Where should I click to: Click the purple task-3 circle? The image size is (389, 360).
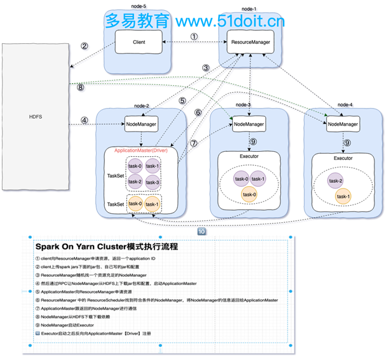153,182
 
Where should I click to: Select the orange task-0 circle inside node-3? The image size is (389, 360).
250,195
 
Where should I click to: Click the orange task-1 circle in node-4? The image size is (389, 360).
344,196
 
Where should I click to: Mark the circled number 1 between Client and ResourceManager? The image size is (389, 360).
194,36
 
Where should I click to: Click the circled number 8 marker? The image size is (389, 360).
81,88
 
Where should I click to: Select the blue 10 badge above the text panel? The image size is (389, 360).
201,232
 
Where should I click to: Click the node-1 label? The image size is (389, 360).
250,9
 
